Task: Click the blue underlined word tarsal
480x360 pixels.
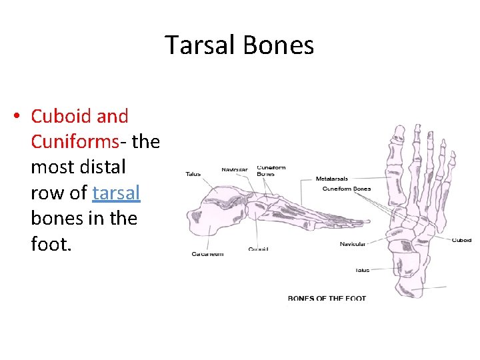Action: pos(117,193)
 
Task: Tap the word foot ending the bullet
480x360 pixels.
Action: pos(49,243)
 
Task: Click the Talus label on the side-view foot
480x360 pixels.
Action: pos(193,174)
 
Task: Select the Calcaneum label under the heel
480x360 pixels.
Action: pos(207,254)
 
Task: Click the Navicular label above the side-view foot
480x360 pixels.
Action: pos(234,169)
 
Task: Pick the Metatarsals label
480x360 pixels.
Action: pos(332,179)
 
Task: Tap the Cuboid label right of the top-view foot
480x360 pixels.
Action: pos(461,240)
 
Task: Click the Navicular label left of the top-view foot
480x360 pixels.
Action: pos(352,244)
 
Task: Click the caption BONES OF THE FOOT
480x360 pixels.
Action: pos(327,298)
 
